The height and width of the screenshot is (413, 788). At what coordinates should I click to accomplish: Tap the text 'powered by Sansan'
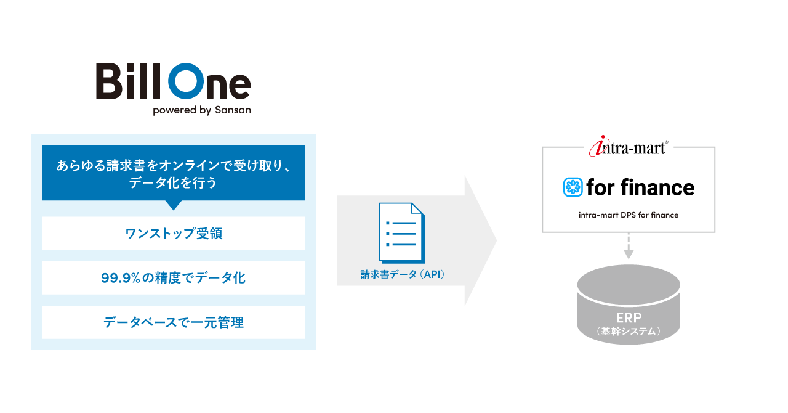pyautogui.click(x=201, y=110)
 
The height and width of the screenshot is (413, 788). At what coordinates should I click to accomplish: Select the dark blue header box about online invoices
pyautogui.click(x=173, y=173)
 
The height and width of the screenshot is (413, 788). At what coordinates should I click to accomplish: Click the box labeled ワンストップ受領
pyautogui.click(x=173, y=233)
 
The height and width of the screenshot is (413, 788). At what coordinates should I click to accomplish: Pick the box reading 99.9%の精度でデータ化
pyautogui.click(x=173, y=278)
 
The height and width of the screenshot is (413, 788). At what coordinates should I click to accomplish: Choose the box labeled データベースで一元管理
pyautogui.click(x=173, y=322)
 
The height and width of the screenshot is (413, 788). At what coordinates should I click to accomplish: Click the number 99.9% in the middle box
pyautogui.click(x=120, y=278)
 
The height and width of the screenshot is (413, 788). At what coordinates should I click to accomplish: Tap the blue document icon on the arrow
pyautogui.click(x=401, y=232)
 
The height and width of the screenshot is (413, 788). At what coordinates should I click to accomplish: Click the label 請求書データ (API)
pyautogui.click(x=402, y=275)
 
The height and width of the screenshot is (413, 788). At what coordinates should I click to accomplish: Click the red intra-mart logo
pyautogui.click(x=629, y=147)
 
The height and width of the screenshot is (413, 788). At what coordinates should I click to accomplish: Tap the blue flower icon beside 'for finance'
pyautogui.click(x=573, y=187)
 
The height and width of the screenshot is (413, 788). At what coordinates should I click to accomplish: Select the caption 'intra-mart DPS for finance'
pyautogui.click(x=629, y=215)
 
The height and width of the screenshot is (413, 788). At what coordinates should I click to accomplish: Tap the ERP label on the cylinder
pyautogui.click(x=629, y=317)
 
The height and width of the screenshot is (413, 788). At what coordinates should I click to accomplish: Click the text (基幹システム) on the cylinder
pyautogui.click(x=629, y=331)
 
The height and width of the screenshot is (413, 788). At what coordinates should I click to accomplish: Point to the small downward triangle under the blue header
pyautogui.click(x=174, y=205)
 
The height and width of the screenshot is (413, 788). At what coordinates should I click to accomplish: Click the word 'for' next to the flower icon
pyautogui.click(x=601, y=187)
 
